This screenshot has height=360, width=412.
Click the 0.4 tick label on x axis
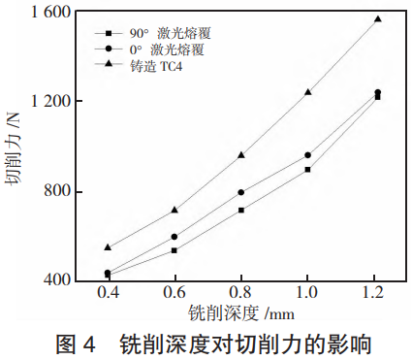pos(108,294)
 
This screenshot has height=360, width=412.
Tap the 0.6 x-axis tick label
pos(174,294)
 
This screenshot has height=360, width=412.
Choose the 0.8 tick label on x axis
pos(241,294)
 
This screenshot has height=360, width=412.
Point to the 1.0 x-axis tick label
pos(307,294)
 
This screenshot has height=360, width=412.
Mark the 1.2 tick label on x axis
pos(374,294)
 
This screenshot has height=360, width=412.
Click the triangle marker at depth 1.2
pos(378,18)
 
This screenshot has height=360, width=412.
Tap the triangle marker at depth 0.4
pos(108,247)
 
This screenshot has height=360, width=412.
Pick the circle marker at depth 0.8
pos(241,192)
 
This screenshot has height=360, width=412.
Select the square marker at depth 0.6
pos(174,250)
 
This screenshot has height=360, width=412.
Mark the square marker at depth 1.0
pos(307,169)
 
